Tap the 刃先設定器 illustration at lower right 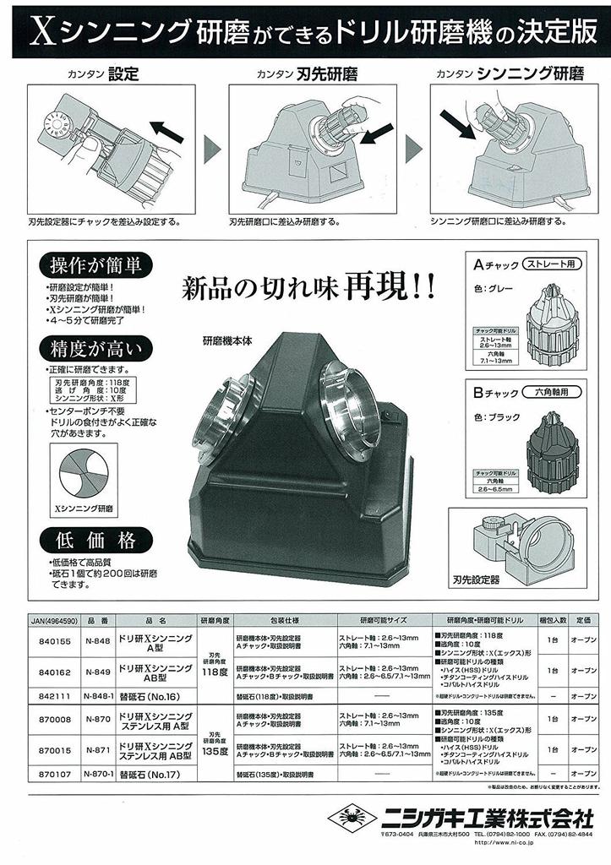click(x=528, y=544)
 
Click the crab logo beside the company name click(x=349, y=819)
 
